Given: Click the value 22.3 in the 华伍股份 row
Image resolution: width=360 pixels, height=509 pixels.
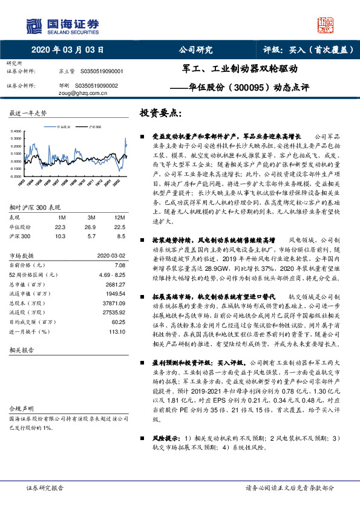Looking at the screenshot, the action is [x=60, y=226].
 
